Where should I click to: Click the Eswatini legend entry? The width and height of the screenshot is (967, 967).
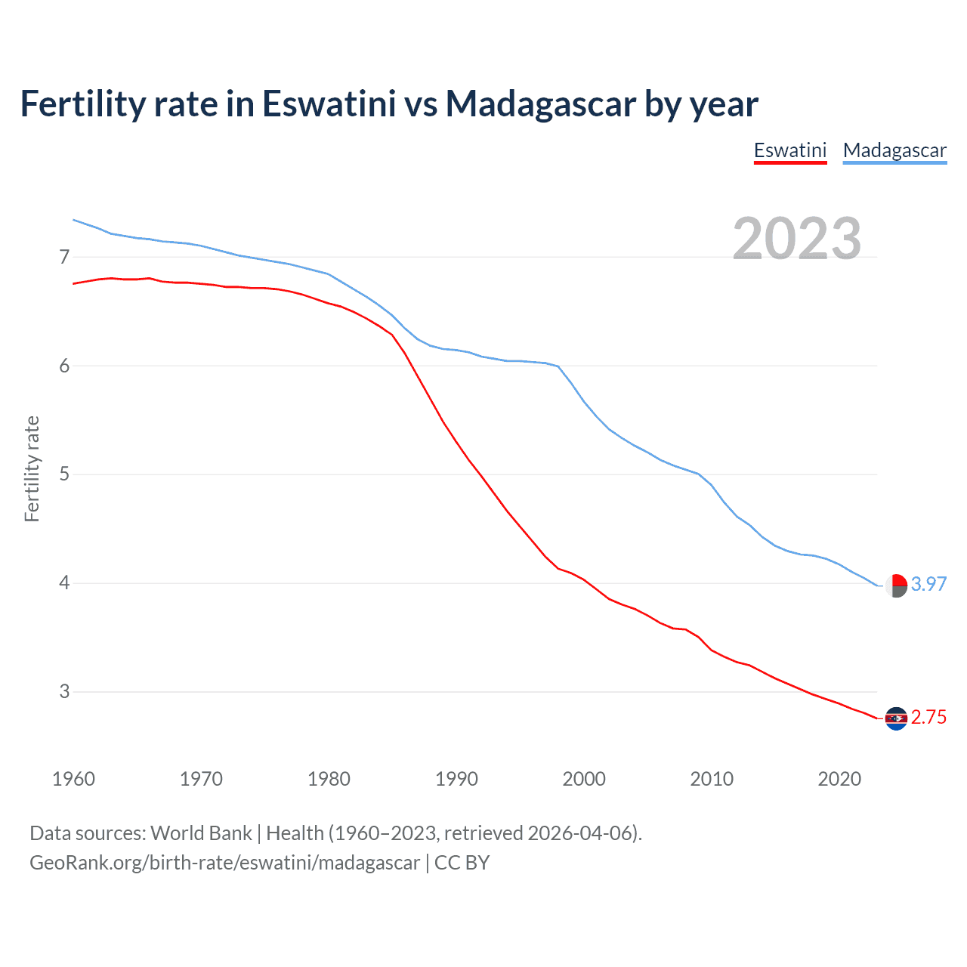pos(790,150)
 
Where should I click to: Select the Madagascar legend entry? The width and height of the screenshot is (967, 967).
pos(894,150)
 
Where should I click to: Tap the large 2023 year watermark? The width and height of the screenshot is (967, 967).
pos(797,239)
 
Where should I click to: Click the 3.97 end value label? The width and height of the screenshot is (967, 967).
pos(928,584)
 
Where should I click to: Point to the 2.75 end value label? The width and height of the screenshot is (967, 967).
pos(928,717)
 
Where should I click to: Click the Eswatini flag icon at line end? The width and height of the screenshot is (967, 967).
pos(896,718)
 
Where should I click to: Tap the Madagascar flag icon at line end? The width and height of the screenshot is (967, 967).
pos(896,585)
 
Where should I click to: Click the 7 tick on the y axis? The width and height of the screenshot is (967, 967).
pos(64,257)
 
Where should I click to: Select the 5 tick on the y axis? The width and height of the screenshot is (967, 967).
pos(64,474)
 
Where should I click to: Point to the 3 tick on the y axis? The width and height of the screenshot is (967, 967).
pos(64,691)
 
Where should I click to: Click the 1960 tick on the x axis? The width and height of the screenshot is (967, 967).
pos(73,779)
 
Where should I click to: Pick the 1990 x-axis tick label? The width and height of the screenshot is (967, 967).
pos(456,779)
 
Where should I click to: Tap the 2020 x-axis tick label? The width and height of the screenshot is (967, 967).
pos(839,779)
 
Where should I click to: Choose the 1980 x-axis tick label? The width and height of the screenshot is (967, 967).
pos(329,779)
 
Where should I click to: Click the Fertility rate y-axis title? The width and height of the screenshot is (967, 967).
pos(32,468)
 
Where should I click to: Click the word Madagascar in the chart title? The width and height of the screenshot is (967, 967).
pos(540,103)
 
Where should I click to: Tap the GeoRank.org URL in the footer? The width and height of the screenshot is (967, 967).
pos(224,863)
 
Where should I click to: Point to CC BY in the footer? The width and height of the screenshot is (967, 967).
pos(462,863)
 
